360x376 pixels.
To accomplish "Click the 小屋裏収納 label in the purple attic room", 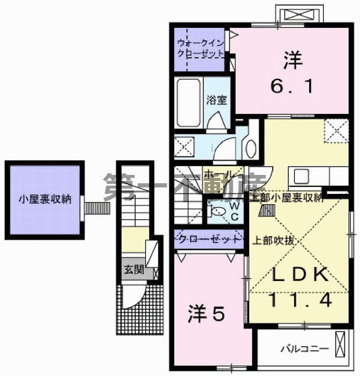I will click(x=44, y=199).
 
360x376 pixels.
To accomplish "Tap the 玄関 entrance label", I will click(x=133, y=269).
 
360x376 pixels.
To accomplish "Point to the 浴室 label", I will click(x=216, y=100).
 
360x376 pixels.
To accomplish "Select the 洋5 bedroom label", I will click(x=207, y=313).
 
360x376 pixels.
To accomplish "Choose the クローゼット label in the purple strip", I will click(x=209, y=240).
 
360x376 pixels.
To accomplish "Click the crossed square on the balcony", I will click(x=341, y=343).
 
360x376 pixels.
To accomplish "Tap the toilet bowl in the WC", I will click(x=217, y=211).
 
